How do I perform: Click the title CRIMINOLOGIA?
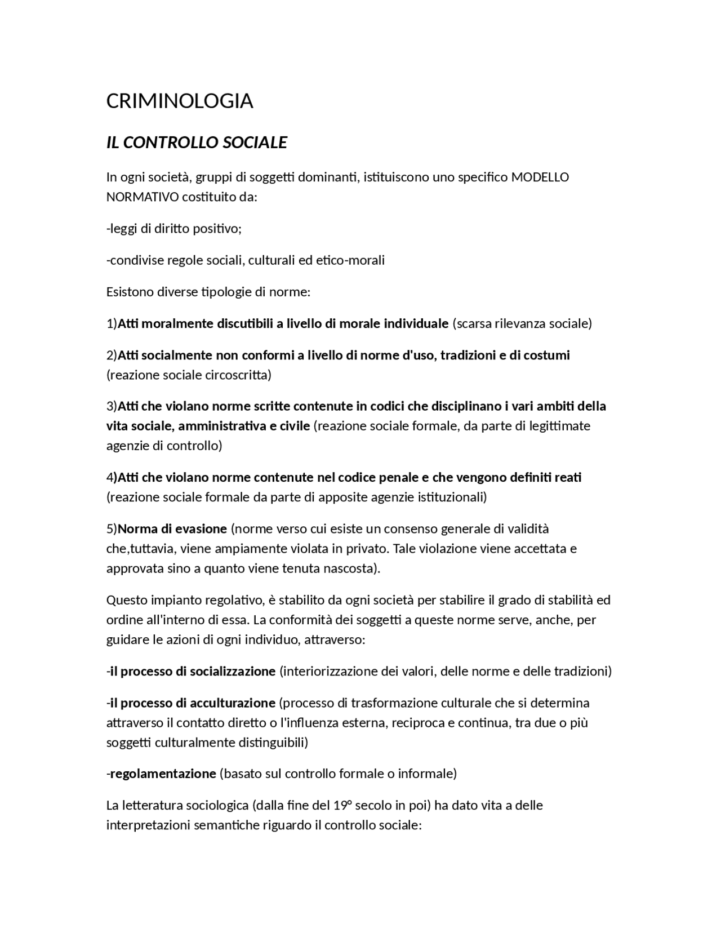click(180, 101)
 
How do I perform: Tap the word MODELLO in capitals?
click(540, 177)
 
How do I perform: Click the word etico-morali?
click(350, 260)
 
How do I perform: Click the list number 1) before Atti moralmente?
click(112, 323)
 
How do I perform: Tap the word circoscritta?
click(237, 375)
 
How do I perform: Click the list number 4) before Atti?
click(112, 477)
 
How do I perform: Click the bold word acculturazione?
click(232, 703)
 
